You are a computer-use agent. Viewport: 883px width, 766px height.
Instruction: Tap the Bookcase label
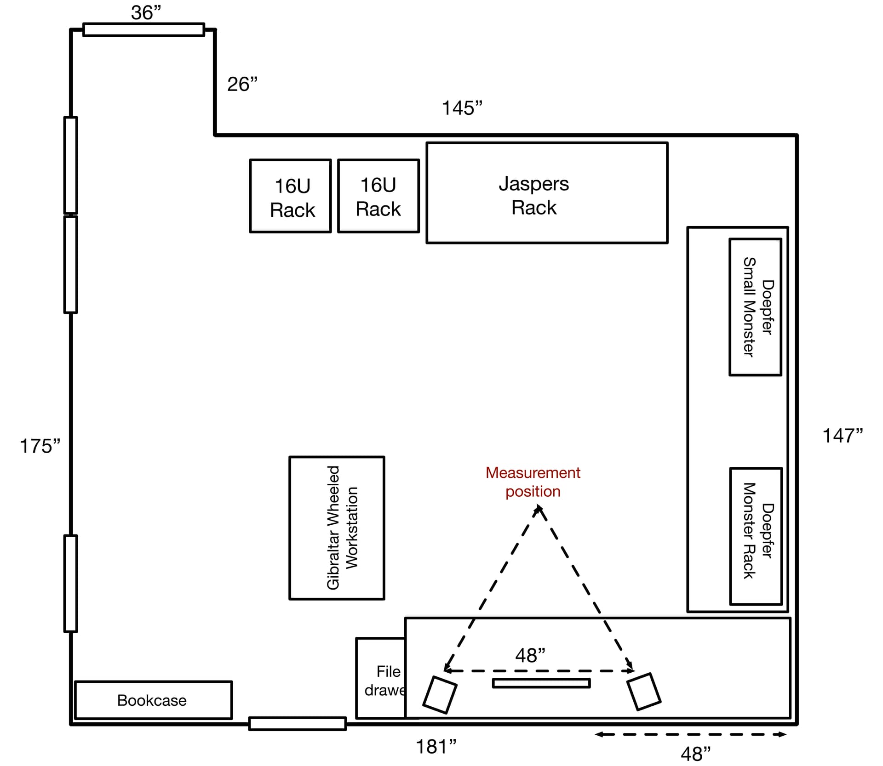coord(152,700)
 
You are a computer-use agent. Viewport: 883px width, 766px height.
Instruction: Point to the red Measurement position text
coord(533,482)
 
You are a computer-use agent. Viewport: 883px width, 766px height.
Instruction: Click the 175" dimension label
coord(40,446)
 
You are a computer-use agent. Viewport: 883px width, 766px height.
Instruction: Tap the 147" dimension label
coord(843,436)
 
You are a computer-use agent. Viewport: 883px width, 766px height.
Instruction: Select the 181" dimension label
coord(436,747)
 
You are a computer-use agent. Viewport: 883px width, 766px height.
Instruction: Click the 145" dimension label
coord(462,108)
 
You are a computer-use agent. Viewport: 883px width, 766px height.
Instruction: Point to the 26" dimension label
coord(242,84)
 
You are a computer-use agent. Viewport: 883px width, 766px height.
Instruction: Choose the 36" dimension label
coord(146,12)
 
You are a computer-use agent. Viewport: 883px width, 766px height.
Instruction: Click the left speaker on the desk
coord(440,694)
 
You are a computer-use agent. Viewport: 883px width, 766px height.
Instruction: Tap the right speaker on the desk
coord(644,692)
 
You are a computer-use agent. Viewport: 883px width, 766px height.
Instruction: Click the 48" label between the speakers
coord(530,655)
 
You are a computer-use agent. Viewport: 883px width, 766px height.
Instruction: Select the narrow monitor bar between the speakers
coord(541,683)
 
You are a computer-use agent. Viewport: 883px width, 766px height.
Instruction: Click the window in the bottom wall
coord(298,724)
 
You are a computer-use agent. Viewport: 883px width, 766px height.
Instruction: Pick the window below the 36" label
coord(144,30)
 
